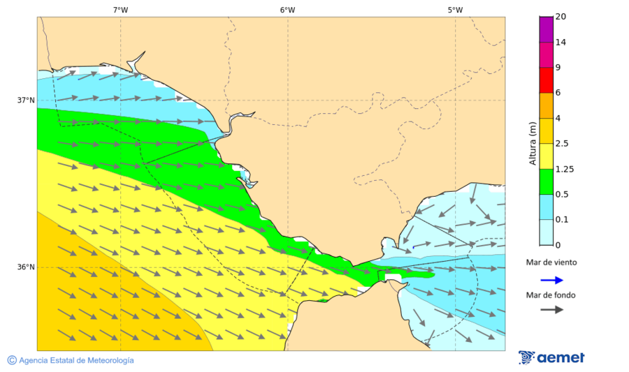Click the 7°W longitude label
point(120,10)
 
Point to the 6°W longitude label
point(287,10)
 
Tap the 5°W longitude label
point(455,10)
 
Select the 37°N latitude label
point(26,100)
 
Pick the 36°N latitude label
point(26,267)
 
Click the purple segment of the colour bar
point(546,29)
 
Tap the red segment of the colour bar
point(546,80)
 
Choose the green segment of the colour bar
point(546,181)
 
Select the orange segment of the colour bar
point(546,105)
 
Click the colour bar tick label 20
point(561,17)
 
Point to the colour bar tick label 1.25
point(565,169)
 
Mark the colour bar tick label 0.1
point(562,219)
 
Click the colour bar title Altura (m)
point(533,142)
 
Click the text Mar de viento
point(551,262)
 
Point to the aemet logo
point(551,357)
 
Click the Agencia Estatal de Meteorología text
point(76,360)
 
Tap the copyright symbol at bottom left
point(12,360)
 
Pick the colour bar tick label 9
point(558,68)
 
